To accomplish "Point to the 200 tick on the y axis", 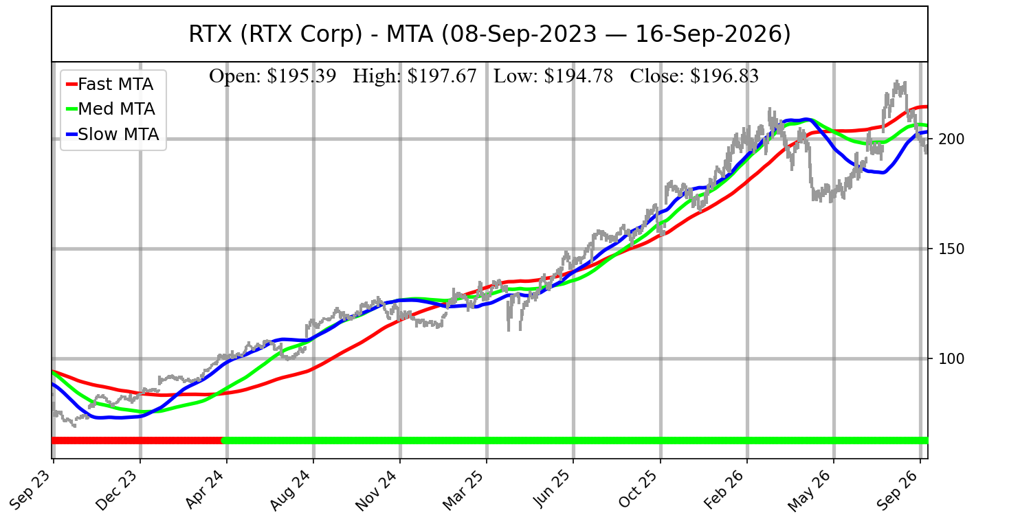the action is (x=951, y=139).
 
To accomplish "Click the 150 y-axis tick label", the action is (x=951, y=249).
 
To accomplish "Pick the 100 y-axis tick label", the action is (x=951, y=358).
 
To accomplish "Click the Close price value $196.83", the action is (x=724, y=76).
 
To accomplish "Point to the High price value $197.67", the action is (x=442, y=76).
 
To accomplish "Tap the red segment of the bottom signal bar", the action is (x=137, y=441).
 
